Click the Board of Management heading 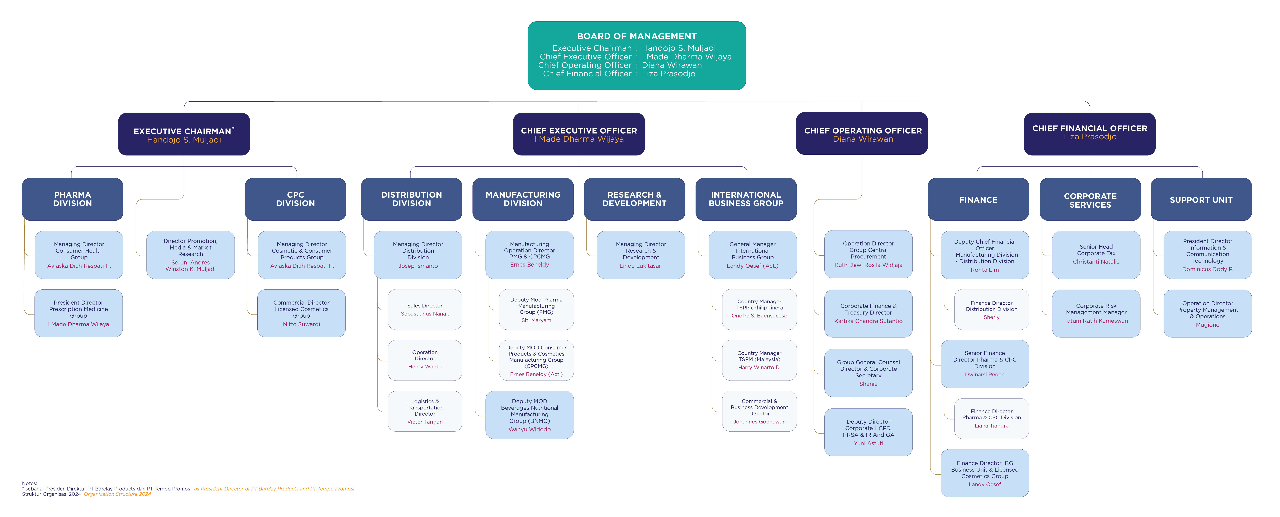(x=636, y=36)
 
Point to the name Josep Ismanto (x=418, y=266)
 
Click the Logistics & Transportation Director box (x=425, y=411)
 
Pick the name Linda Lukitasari (x=641, y=266)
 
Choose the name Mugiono (x=1207, y=325)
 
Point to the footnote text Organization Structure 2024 (x=117, y=494)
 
